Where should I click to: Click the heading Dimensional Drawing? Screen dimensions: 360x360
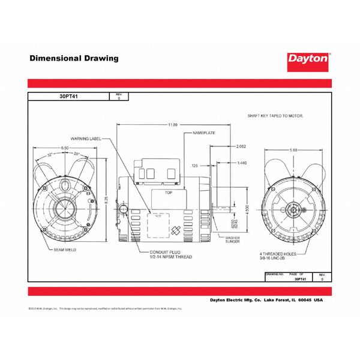tap(74, 59)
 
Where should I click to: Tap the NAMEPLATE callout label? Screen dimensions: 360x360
tap(204, 131)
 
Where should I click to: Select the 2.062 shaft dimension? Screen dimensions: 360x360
tap(241, 146)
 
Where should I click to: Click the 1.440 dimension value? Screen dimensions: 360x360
tap(242, 163)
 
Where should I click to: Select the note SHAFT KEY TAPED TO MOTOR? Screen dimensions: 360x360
tap(275, 114)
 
